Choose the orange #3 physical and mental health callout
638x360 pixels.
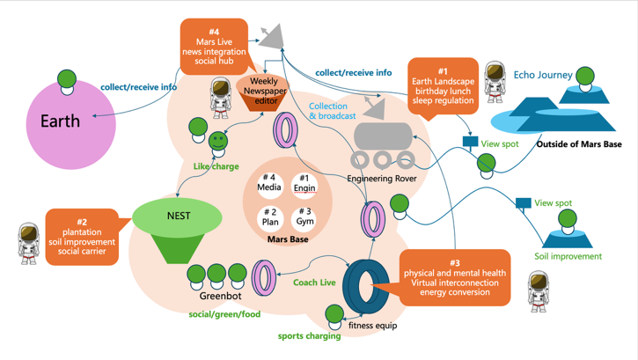pos(454,279)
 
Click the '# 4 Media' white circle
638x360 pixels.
pos(269,183)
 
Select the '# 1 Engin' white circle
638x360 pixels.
pos(304,183)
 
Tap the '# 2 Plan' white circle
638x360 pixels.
pos(270,217)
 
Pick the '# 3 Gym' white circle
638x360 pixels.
pos(304,217)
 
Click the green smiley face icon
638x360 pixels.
pos(217,141)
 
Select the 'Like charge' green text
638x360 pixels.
pos(216,165)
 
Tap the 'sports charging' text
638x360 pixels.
pos(309,335)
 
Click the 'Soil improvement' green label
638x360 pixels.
pos(568,256)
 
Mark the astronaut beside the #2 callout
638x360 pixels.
pos(29,242)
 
